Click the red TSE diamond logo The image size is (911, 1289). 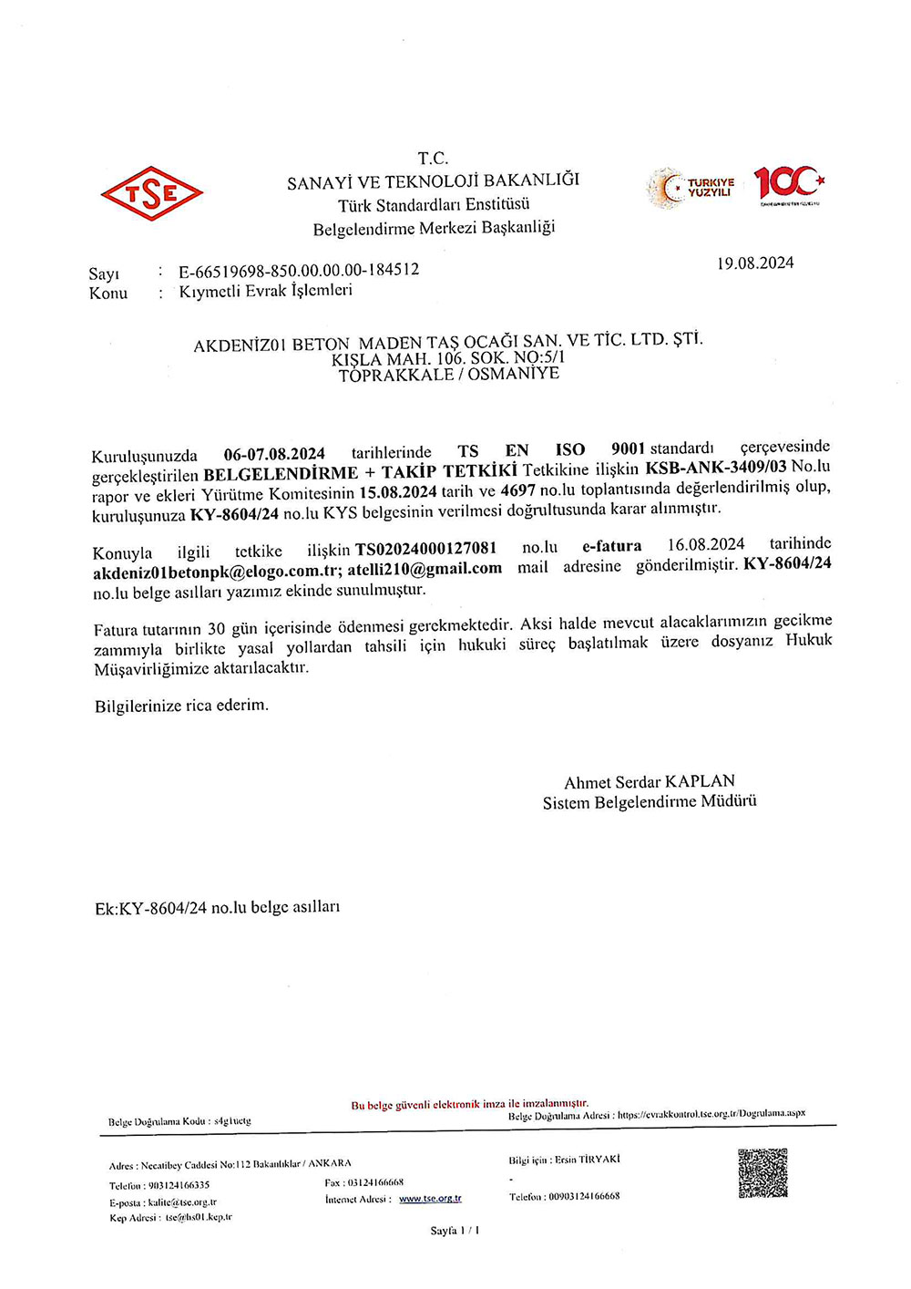point(151,192)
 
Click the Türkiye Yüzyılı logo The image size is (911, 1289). point(691,188)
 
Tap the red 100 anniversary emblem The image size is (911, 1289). point(788,184)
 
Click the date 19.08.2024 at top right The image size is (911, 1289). point(754,263)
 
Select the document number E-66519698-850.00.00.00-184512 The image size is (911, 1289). point(299,270)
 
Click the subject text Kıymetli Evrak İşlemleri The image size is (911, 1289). point(265,291)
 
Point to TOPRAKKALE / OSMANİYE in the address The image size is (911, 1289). point(448,375)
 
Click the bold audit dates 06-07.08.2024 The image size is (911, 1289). point(274,454)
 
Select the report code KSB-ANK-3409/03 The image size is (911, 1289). point(716,468)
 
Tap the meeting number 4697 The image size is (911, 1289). point(517,491)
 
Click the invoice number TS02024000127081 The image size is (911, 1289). point(426,549)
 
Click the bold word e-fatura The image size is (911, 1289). point(611,547)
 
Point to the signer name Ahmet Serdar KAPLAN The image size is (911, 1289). point(649,782)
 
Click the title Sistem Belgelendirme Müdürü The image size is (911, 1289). point(649,802)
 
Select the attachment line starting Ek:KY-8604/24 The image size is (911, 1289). point(217,908)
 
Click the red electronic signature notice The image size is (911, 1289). point(469,1104)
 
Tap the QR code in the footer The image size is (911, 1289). point(762,1173)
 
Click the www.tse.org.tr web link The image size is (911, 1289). point(430,1199)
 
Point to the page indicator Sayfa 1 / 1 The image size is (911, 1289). point(455,1231)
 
